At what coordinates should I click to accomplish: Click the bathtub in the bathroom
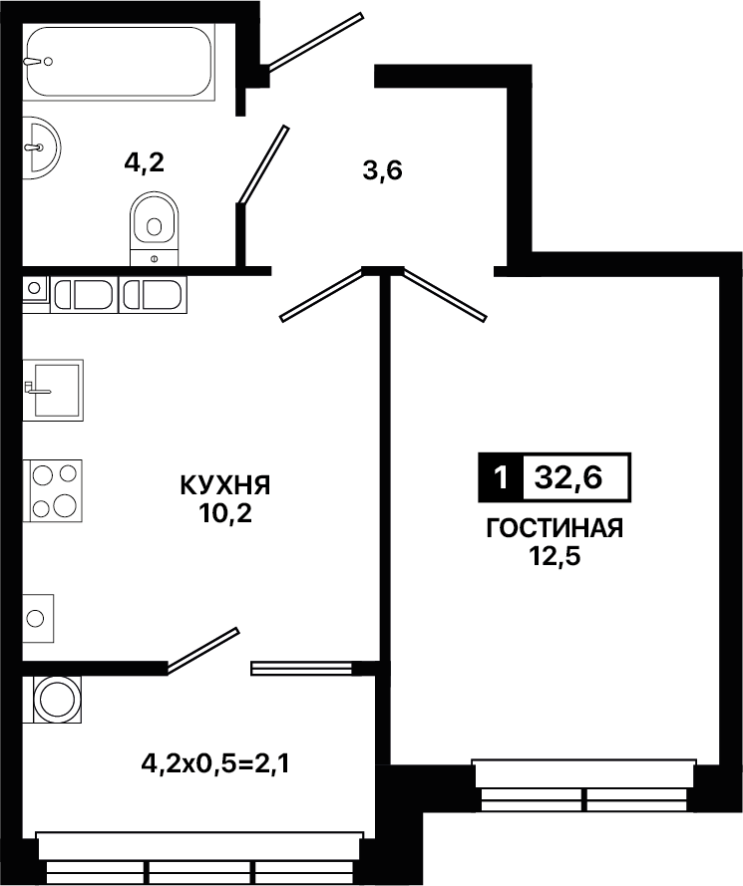pos(120,62)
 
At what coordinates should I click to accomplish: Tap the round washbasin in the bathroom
pos(41,148)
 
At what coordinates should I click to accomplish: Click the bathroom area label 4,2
pos(145,163)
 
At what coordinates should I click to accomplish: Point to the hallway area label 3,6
pos(382,170)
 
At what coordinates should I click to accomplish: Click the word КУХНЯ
pos(225,485)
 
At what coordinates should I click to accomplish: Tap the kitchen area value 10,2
pos(225,513)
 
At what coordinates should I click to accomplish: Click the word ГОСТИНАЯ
pos(555,528)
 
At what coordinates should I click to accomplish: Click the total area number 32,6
pos(568,478)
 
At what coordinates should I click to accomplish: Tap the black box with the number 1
pos(501,478)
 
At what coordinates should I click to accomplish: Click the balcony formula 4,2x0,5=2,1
pos(215,764)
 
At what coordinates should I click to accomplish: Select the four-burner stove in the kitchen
pos(53,490)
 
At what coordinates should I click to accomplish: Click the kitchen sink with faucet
pos(53,390)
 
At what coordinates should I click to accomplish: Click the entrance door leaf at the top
pos(315,42)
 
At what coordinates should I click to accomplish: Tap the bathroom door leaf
pos(263,164)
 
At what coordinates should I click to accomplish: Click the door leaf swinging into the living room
pos(444,295)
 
